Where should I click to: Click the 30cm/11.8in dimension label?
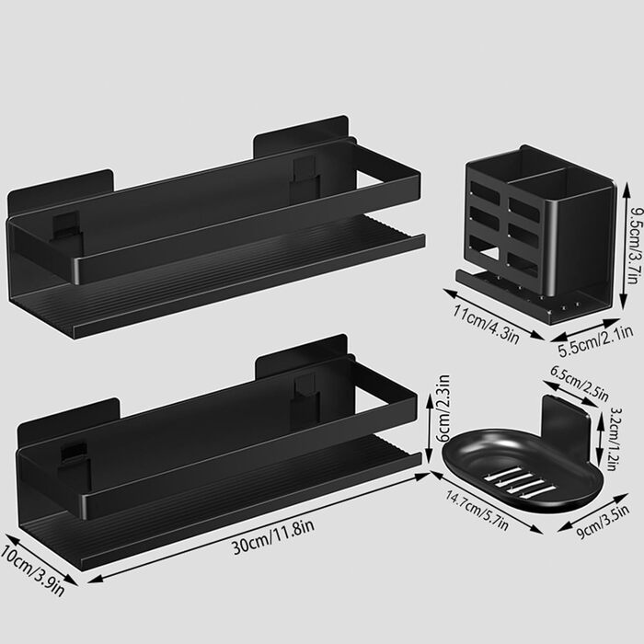click(x=273, y=536)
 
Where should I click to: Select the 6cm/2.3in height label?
click(x=443, y=408)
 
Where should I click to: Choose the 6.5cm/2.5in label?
click(x=580, y=384)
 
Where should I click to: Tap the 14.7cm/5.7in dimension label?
click(x=477, y=511)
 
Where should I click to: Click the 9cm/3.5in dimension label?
click(x=603, y=522)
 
